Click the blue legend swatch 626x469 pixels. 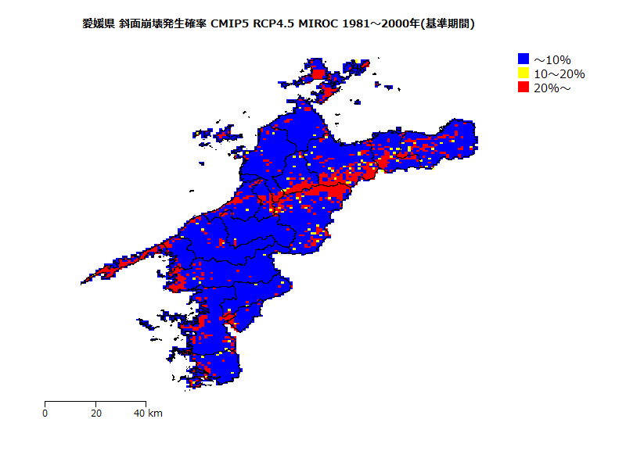click(x=523, y=59)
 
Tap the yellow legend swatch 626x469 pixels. click(x=523, y=73)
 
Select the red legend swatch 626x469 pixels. click(x=523, y=88)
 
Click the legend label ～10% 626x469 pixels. click(x=552, y=59)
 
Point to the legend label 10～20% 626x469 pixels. click(x=559, y=73)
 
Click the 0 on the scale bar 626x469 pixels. click(x=45, y=413)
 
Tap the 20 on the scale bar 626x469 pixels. click(x=95, y=413)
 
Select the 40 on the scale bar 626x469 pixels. click(x=139, y=413)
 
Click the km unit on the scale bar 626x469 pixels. click(x=155, y=413)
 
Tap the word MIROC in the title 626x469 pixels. click(x=321, y=24)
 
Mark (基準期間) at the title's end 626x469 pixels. click(x=447, y=24)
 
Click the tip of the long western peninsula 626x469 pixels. click(x=83, y=281)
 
